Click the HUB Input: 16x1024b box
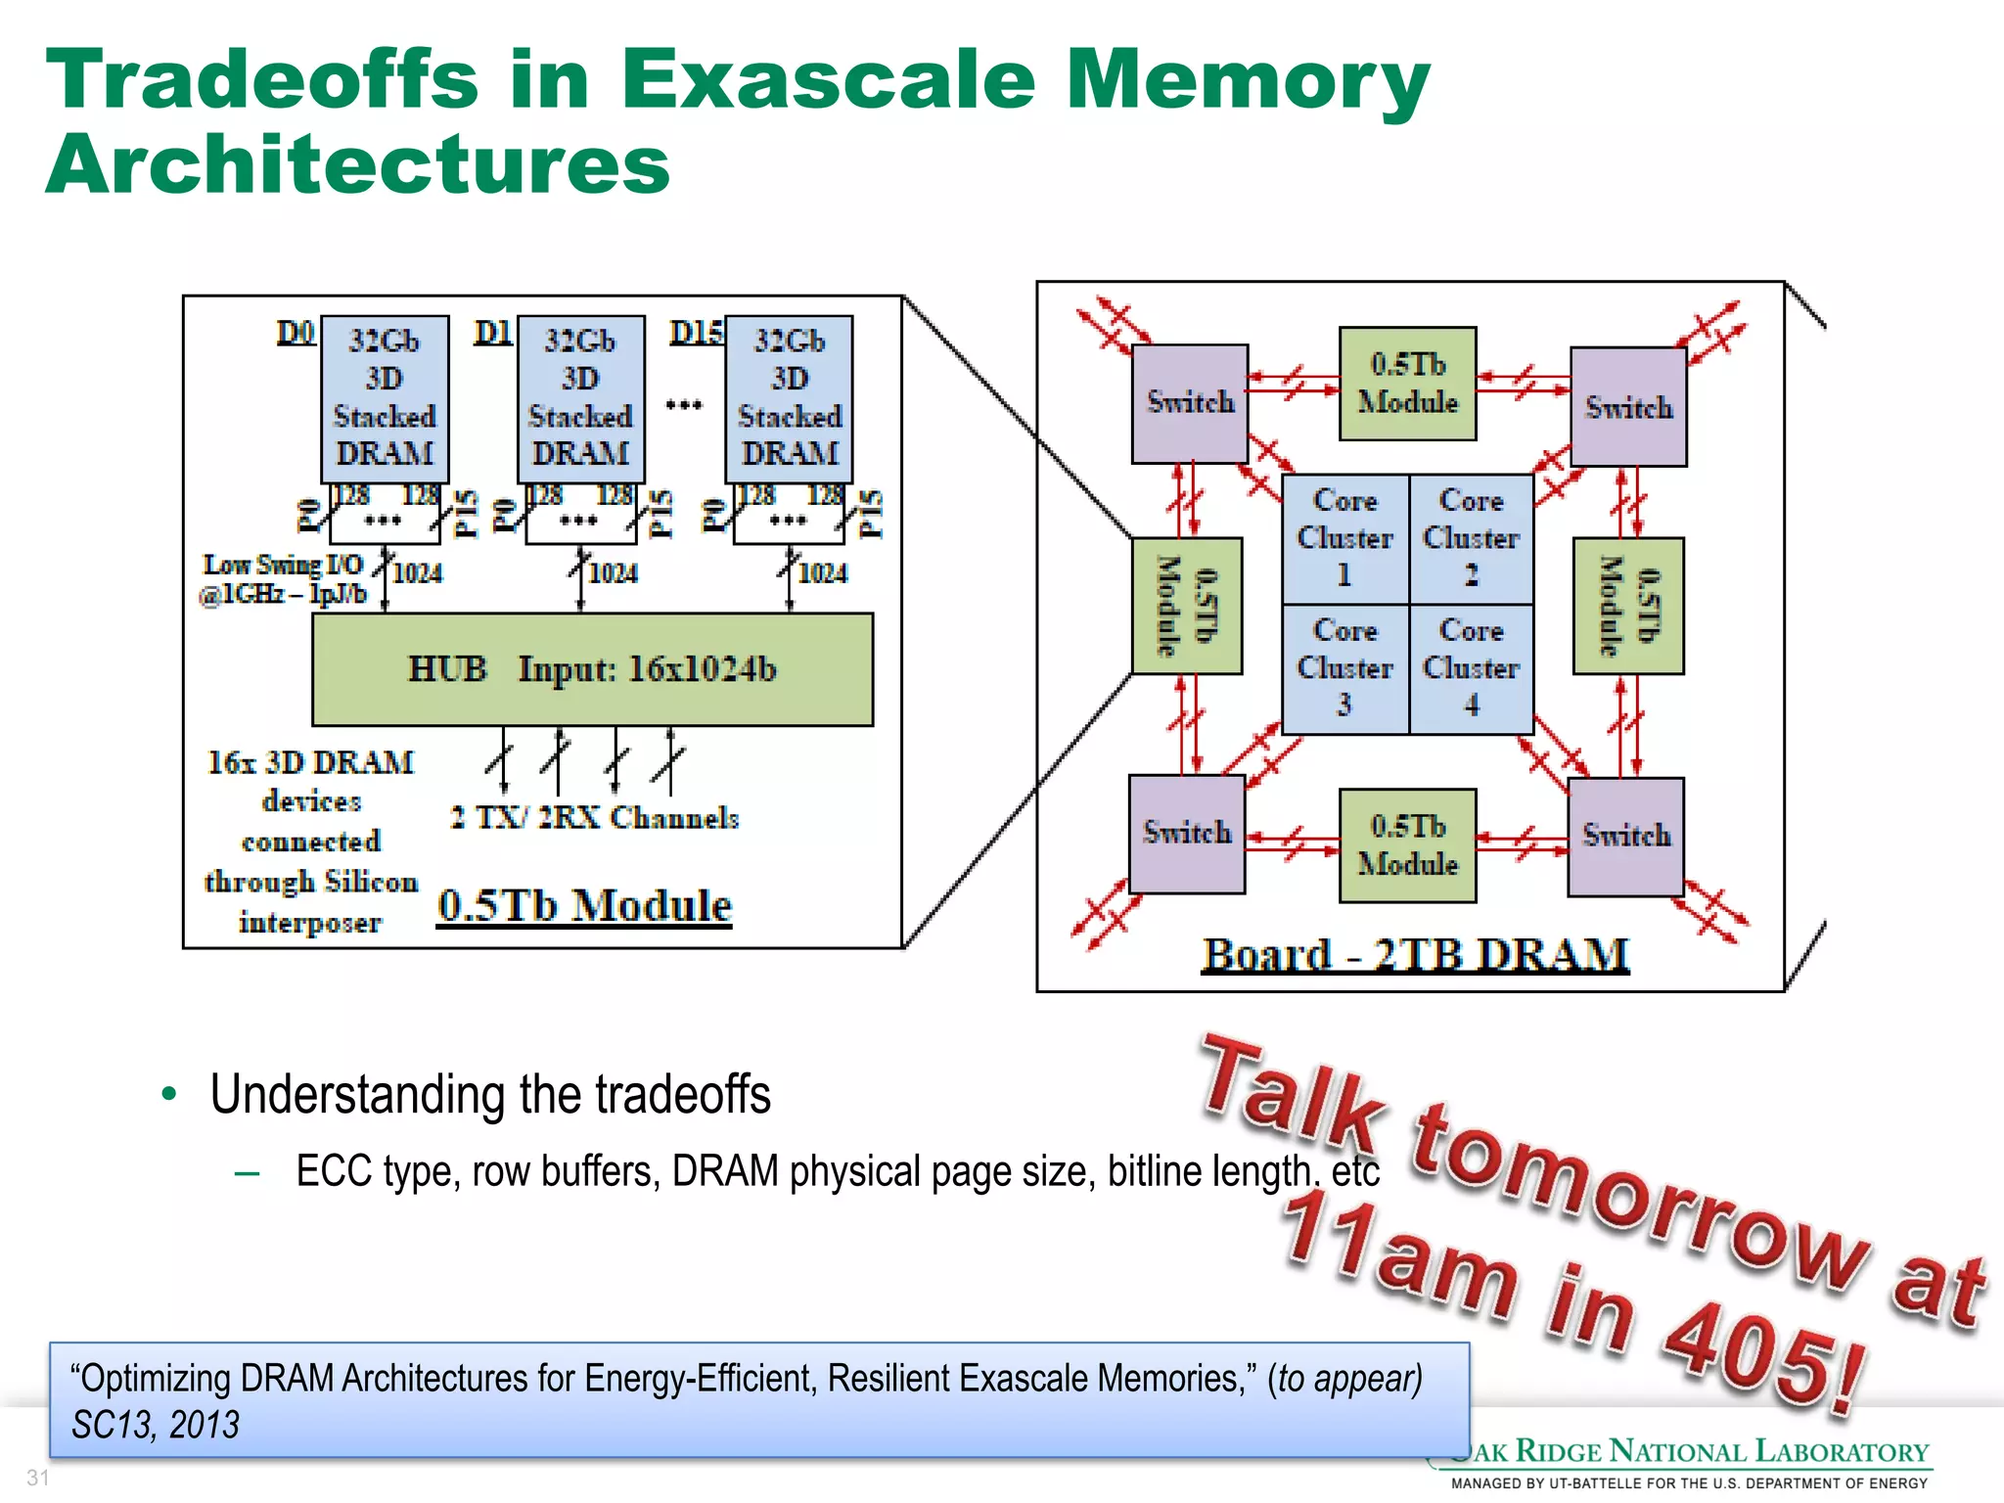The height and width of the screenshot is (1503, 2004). [592, 669]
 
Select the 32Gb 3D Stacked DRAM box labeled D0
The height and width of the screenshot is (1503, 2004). [385, 397]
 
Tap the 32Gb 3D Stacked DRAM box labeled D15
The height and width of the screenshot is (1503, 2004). [789, 397]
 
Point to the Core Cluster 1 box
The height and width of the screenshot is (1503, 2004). [1344, 538]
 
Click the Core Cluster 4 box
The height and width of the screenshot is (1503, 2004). [1471, 668]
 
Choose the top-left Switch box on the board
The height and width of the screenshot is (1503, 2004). [1190, 403]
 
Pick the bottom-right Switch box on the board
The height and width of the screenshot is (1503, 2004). [1625, 836]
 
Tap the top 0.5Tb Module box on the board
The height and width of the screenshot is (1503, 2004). [1407, 384]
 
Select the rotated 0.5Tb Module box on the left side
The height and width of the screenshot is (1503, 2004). [1187, 606]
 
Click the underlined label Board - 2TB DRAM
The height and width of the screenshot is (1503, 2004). [1415, 954]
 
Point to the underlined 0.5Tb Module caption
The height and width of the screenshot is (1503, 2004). [584, 905]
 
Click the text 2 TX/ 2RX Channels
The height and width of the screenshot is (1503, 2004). [594, 817]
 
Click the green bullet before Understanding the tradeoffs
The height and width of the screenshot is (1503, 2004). [169, 1094]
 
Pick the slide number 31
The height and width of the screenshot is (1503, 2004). [37, 1478]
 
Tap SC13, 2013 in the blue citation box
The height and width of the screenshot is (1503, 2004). [155, 1425]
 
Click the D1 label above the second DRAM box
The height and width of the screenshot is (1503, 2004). [492, 333]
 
